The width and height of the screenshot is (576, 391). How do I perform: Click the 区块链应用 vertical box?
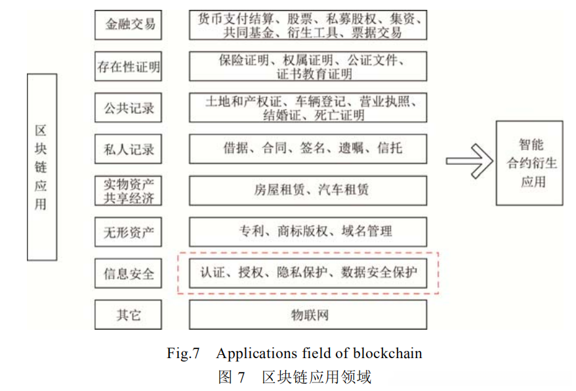pos(41,167)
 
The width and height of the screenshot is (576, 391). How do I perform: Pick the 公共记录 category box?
pos(129,108)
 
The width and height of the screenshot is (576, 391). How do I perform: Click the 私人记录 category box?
pos(129,149)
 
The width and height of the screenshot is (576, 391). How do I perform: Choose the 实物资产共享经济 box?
pos(129,190)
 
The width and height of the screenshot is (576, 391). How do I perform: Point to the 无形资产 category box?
pos(129,231)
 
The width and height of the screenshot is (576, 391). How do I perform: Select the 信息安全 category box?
pos(129,272)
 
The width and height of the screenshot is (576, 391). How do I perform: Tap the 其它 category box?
pos(129,314)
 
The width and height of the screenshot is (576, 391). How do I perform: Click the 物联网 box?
pos(308,314)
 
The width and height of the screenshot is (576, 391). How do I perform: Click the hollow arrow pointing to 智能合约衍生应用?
pos(469,162)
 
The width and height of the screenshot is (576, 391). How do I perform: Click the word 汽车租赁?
pos(343,190)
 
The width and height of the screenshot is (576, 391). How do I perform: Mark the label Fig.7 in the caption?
pos(183,354)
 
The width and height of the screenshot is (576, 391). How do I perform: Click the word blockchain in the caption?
pos(388,354)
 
